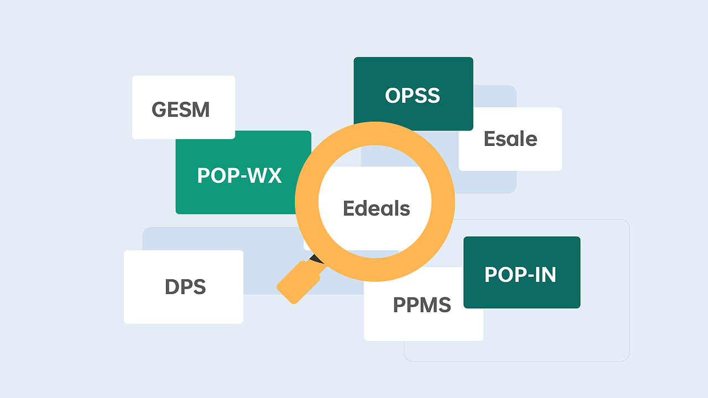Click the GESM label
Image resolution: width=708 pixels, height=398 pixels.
(x=180, y=109)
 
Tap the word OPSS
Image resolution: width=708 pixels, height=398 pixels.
(x=413, y=96)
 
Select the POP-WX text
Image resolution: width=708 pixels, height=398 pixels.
(x=240, y=175)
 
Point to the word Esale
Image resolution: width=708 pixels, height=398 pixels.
(x=511, y=139)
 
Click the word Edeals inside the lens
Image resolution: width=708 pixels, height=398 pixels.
(x=377, y=208)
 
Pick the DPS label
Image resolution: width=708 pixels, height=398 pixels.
(x=185, y=287)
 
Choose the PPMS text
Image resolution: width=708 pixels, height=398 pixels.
(x=422, y=305)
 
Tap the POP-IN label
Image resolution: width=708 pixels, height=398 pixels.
(x=520, y=275)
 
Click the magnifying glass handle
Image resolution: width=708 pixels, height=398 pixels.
(x=299, y=282)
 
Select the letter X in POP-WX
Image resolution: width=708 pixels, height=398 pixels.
(x=273, y=175)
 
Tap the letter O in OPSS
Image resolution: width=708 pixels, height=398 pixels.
(x=393, y=96)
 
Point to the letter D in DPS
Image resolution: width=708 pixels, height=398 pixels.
(x=172, y=287)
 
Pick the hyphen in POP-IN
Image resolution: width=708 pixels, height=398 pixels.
(x=529, y=275)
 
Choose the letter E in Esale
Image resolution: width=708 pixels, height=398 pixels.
(x=490, y=139)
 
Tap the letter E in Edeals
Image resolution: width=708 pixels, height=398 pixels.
(x=349, y=208)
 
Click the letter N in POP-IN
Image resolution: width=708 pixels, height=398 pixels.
(x=549, y=275)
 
